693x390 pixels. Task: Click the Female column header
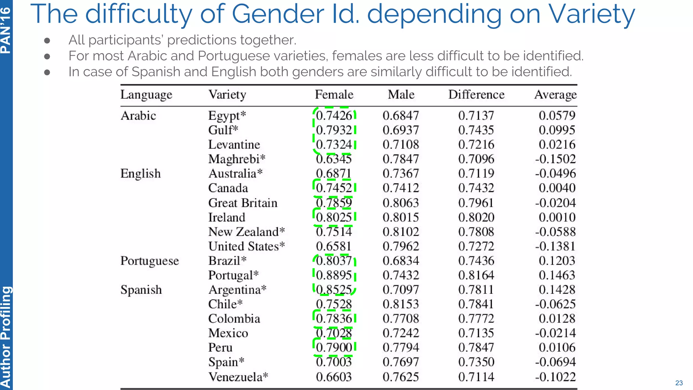pos(334,94)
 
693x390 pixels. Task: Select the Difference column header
pos(476,94)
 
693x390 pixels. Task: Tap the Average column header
pos(555,94)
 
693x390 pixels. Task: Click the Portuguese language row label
pos(150,261)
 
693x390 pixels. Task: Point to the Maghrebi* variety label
pos(237,159)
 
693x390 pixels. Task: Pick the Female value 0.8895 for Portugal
pos(334,275)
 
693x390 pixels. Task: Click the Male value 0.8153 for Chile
pos(401,304)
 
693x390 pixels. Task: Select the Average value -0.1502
pos(555,159)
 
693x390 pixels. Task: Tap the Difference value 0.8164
pos(476,275)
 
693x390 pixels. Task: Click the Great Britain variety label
pos(243,203)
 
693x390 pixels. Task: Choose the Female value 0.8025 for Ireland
pos(334,217)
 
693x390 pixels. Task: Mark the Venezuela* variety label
pos(238,377)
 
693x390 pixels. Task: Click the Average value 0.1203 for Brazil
pos(557,261)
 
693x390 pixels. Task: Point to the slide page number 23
pos(679,383)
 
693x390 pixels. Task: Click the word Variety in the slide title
pos(591,14)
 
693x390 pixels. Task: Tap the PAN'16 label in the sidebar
pos(6,30)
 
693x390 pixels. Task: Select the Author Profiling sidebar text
pos(6,337)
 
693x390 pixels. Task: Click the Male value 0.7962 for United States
pos(401,246)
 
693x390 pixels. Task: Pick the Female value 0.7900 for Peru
pos(334,347)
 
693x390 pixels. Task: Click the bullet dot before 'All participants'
pos(47,41)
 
